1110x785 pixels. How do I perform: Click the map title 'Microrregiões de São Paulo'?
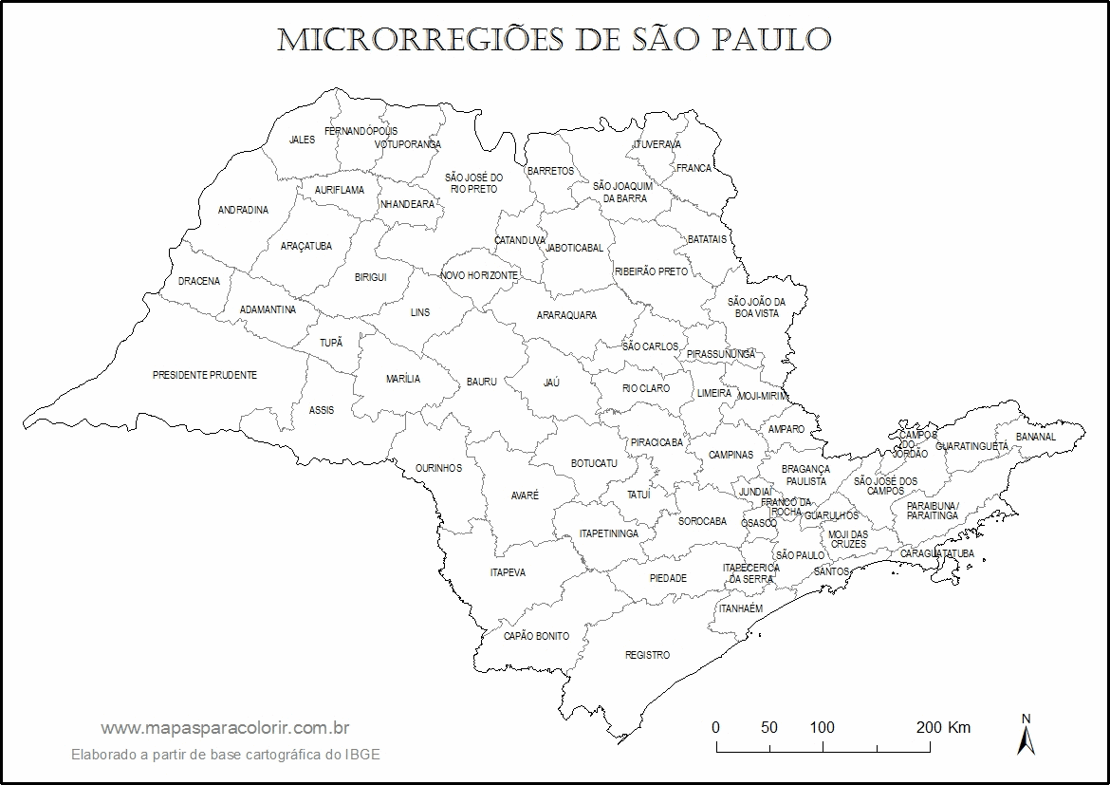[x=554, y=39]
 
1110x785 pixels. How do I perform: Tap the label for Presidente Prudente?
[x=205, y=376]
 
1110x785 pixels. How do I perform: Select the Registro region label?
[x=647, y=656]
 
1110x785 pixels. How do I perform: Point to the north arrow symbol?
[x=1026, y=735]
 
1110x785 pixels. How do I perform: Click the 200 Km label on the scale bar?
[x=943, y=728]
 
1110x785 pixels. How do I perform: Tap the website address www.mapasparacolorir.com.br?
[x=226, y=728]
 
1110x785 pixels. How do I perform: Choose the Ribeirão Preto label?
[x=651, y=271]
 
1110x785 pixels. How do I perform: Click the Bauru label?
[x=481, y=382]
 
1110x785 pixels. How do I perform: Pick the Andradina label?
[x=243, y=211]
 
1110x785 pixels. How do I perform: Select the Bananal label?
[x=1035, y=438]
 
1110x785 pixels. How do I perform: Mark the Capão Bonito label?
[x=536, y=636]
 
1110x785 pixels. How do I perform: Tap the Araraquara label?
[x=566, y=315]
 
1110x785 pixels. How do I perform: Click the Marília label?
[x=403, y=379]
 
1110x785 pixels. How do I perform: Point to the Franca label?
[x=694, y=168]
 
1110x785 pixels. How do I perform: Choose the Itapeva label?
[x=508, y=572]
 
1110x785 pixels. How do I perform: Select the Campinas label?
[x=731, y=455]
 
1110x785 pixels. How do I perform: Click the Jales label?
[x=302, y=140]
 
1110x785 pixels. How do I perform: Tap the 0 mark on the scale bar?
[x=715, y=728]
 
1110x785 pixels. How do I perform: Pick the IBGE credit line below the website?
[x=226, y=755]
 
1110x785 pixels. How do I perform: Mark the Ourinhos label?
[x=438, y=468]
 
